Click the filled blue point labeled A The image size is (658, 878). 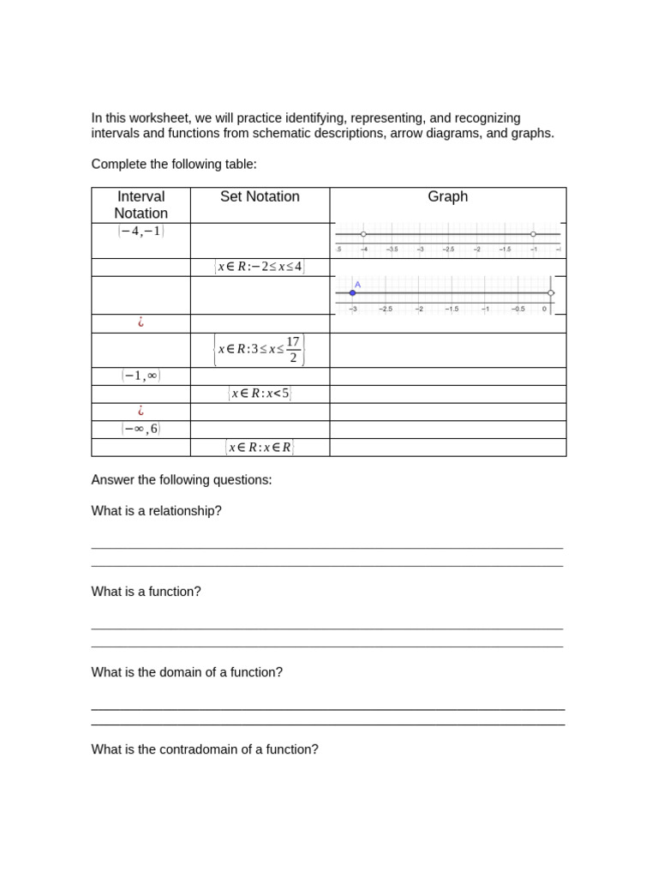(352, 293)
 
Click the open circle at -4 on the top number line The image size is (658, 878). (363, 234)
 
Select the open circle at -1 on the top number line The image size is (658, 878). (533, 234)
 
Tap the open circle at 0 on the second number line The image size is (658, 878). (551, 293)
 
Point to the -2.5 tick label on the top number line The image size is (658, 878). (448, 250)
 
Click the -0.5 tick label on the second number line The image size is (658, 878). (517, 309)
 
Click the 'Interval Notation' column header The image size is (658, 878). (141, 205)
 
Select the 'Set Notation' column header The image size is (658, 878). (260, 196)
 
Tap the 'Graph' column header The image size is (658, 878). (447, 196)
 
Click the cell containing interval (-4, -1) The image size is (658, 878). (141, 232)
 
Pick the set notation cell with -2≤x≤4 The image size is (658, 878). (260, 267)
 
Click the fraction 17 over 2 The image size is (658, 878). (293, 350)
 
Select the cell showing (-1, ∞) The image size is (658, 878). (141, 376)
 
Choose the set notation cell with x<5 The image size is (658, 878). (260, 394)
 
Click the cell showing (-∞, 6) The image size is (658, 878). (141, 429)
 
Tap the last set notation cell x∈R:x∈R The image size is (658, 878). (260, 447)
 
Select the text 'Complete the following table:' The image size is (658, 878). (174, 164)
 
